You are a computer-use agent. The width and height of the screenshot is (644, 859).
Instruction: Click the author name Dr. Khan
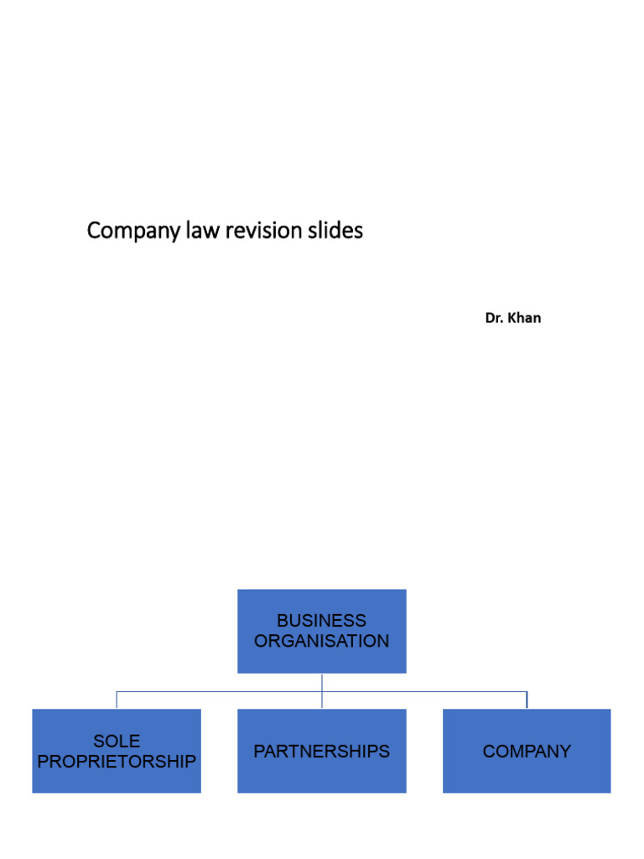[x=512, y=318]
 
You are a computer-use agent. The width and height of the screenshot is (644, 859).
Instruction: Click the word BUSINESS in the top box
[x=322, y=621]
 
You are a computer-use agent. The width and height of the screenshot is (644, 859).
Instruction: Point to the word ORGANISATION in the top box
[x=322, y=641]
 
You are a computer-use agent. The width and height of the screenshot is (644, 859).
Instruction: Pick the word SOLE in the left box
[x=117, y=741]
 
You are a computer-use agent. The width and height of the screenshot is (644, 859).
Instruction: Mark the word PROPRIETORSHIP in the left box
[x=117, y=762]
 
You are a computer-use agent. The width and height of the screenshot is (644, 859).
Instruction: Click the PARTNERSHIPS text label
[x=322, y=752]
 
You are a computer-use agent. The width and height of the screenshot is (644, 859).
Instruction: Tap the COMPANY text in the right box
[x=527, y=752]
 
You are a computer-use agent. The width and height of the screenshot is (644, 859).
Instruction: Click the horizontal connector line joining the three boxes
[x=218, y=692]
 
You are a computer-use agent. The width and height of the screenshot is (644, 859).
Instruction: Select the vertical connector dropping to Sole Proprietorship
[x=117, y=700]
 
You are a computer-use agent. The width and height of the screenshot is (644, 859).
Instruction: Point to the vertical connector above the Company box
[x=527, y=700]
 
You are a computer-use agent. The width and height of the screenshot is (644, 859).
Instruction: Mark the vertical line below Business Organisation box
[x=322, y=682]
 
